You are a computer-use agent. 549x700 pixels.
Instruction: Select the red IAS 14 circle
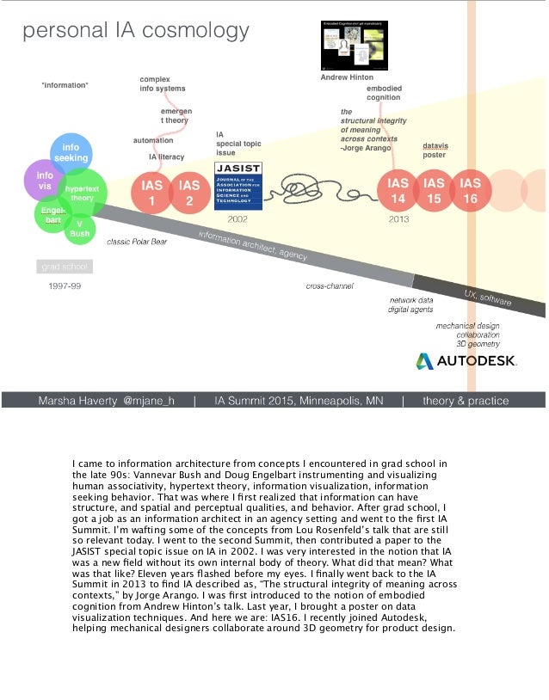[x=398, y=192]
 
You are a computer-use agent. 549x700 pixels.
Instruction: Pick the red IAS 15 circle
[x=435, y=192]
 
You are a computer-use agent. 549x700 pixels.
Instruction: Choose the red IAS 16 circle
[x=471, y=192]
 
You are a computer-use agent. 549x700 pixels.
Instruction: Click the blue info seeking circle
[x=71, y=153]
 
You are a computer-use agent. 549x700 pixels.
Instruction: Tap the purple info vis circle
[x=43, y=181]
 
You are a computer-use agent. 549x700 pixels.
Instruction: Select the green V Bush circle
[x=79, y=228]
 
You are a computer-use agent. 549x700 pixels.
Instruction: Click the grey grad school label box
[x=62, y=267]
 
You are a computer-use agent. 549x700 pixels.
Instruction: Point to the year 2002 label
[x=237, y=219]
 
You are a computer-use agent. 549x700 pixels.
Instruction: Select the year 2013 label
[x=398, y=219]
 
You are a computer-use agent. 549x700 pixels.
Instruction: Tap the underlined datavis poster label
[x=435, y=150]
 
